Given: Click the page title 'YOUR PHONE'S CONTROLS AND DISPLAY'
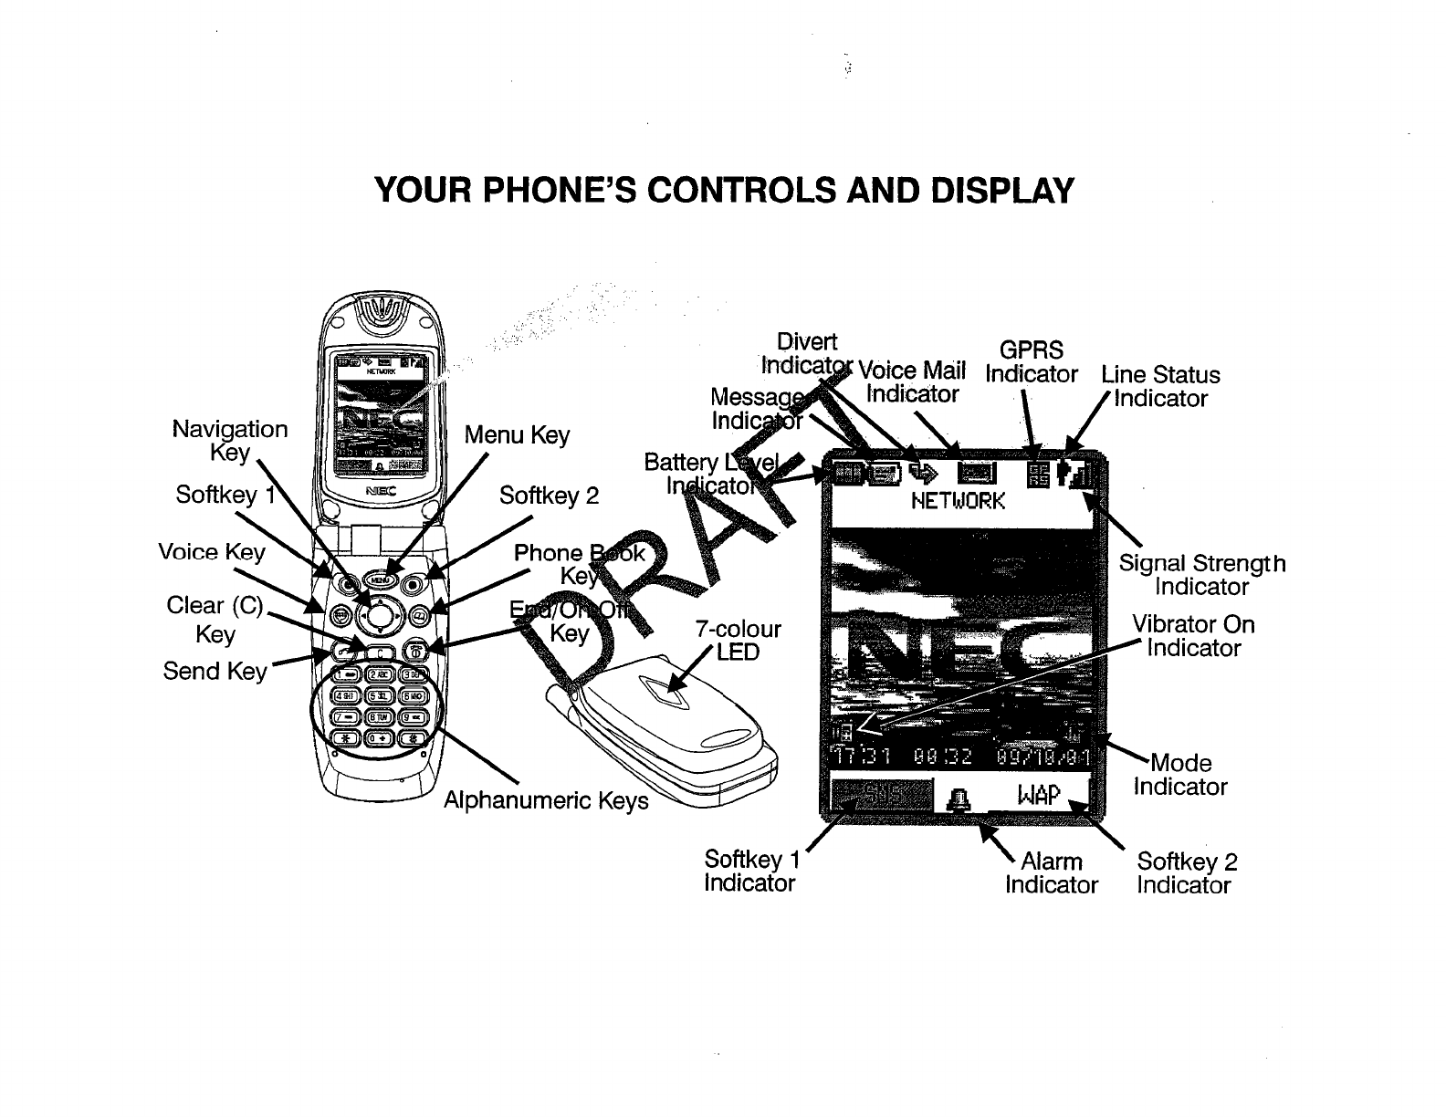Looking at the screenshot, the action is [724, 191].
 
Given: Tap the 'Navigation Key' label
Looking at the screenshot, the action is [230, 440].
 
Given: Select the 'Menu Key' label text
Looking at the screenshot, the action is [517, 435].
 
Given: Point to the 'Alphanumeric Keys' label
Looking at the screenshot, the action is [546, 800].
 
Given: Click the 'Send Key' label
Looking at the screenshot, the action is [215, 671].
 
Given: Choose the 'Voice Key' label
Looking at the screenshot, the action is [211, 552].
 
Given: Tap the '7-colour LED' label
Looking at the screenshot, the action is [738, 640].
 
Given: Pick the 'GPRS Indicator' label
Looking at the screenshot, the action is [1032, 362].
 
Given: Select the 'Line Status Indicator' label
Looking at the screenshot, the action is [1160, 386].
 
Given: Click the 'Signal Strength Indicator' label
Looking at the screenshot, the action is [1201, 575].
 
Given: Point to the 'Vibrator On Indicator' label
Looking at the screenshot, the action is [1193, 636].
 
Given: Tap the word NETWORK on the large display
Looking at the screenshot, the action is [959, 501].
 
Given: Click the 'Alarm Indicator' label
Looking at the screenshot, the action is [1052, 872].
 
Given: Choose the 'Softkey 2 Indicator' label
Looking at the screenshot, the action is [1185, 872].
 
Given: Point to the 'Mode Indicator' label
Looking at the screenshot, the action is [1180, 774].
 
